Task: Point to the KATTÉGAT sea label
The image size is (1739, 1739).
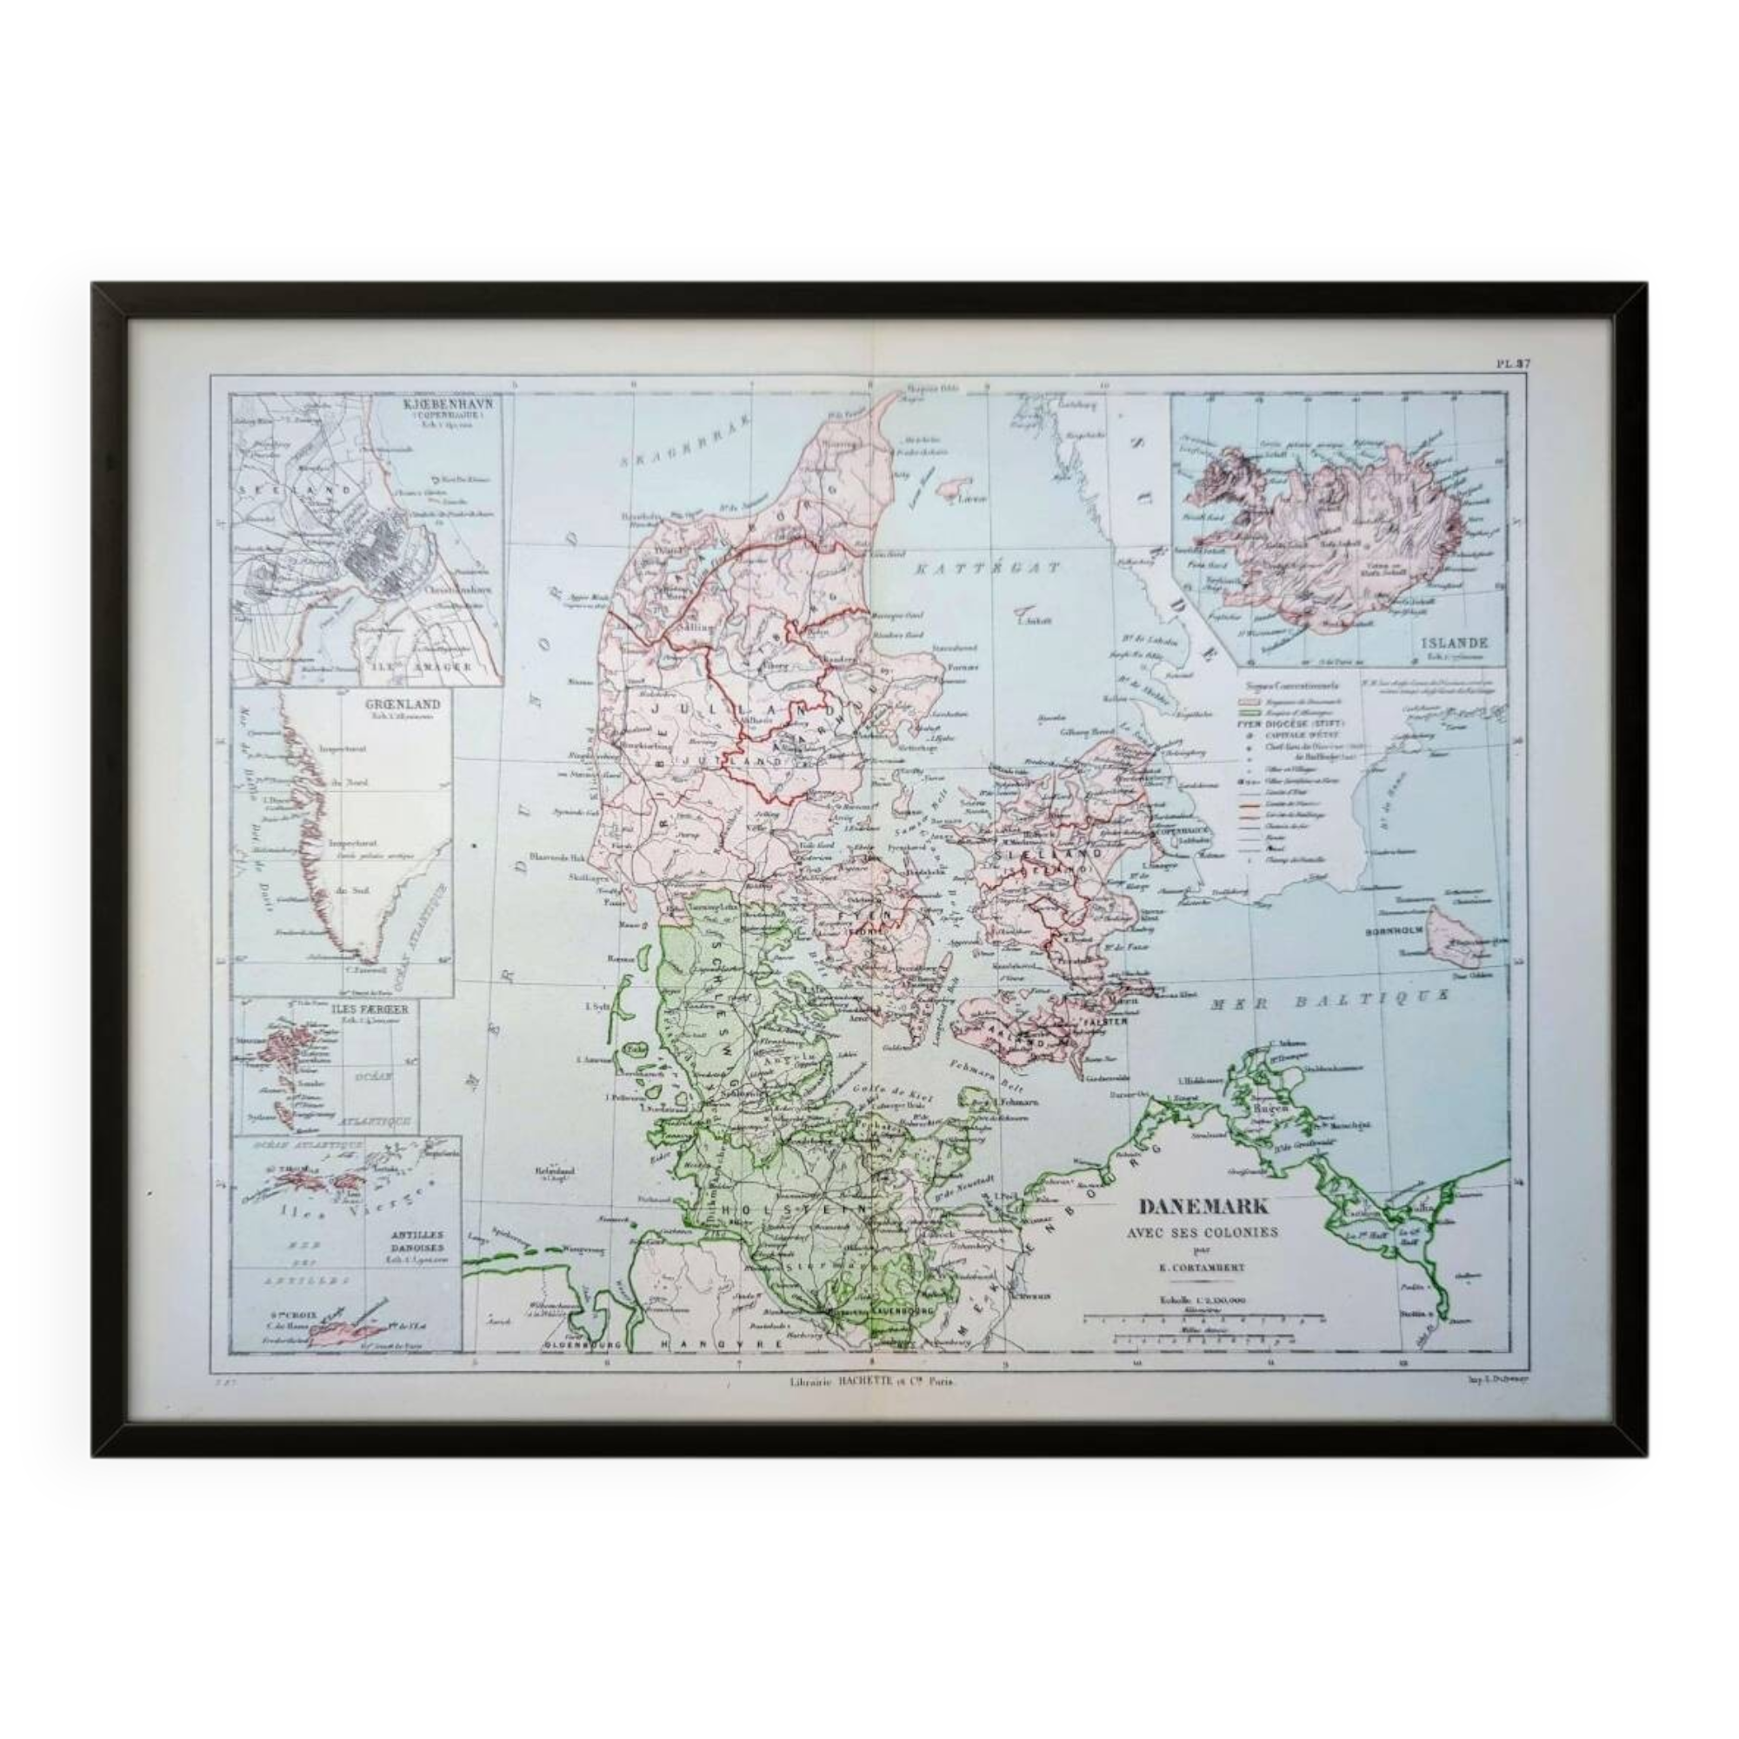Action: click(x=987, y=568)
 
